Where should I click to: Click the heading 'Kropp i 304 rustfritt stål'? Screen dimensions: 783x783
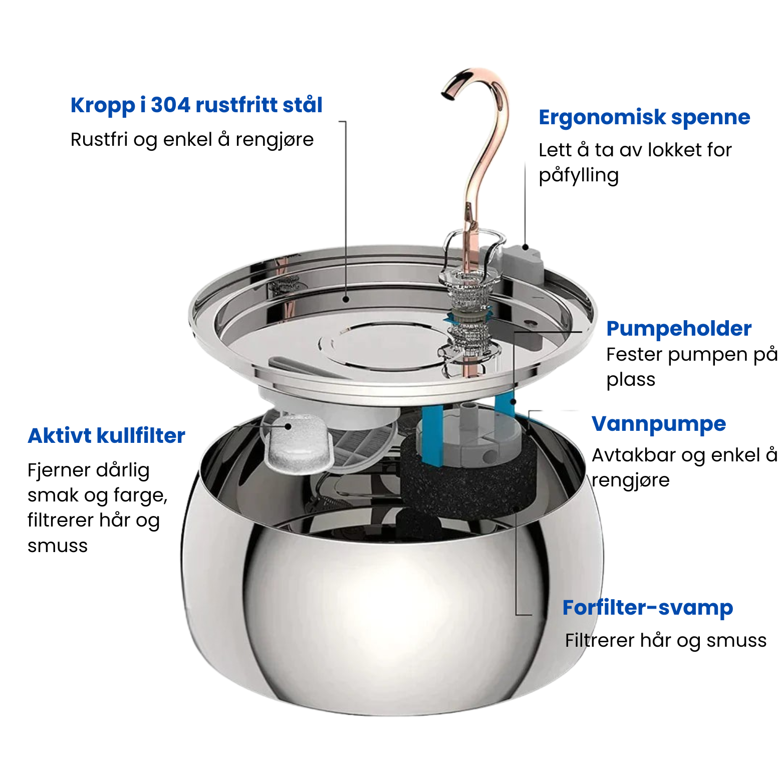tap(196, 106)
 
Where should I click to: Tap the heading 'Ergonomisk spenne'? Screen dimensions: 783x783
tap(644, 118)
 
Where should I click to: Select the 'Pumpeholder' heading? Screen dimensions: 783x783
tap(679, 329)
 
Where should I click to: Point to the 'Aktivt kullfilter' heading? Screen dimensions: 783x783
tap(107, 436)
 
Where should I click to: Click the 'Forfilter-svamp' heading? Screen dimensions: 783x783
tap(648, 608)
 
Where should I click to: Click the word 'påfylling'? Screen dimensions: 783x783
tap(579, 176)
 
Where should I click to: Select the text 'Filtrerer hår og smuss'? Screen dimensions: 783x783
tap(666, 641)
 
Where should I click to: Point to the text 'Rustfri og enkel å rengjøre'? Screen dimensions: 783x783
tap(192, 140)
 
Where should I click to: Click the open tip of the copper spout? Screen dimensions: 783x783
tap(446, 94)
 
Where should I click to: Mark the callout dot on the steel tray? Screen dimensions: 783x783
tap(346, 300)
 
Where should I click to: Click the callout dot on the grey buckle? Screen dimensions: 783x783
tap(525, 246)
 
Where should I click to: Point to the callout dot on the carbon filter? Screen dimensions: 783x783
tap(288, 426)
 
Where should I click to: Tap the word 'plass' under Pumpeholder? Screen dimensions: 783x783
tap(631, 380)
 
